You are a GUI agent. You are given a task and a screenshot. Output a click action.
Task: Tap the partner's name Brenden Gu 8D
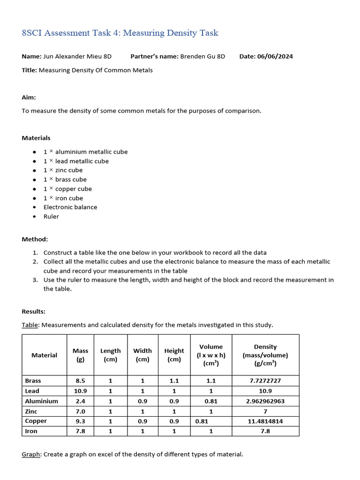(x=202, y=56)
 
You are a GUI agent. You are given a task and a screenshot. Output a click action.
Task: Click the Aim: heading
(x=29, y=97)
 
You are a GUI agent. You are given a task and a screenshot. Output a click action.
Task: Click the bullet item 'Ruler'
(x=51, y=217)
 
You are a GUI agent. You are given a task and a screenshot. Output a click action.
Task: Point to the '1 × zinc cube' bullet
(x=63, y=170)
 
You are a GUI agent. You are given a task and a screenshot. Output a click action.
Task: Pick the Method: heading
(x=35, y=239)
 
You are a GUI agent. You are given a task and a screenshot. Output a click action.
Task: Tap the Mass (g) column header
(x=80, y=355)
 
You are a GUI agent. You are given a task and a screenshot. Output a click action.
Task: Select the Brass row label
(x=33, y=381)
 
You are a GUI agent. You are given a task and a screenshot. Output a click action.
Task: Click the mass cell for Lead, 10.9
(x=80, y=391)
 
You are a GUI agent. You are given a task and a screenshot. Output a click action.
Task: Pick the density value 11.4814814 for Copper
(x=265, y=421)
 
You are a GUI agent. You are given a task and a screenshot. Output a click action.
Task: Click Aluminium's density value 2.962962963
(x=265, y=401)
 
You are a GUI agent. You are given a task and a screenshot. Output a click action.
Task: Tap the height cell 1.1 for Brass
(x=174, y=381)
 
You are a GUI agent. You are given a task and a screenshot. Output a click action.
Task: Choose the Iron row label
(x=31, y=431)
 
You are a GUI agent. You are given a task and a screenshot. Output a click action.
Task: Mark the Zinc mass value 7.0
(x=80, y=411)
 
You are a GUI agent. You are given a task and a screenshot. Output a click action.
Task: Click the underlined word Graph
(x=30, y=454)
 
